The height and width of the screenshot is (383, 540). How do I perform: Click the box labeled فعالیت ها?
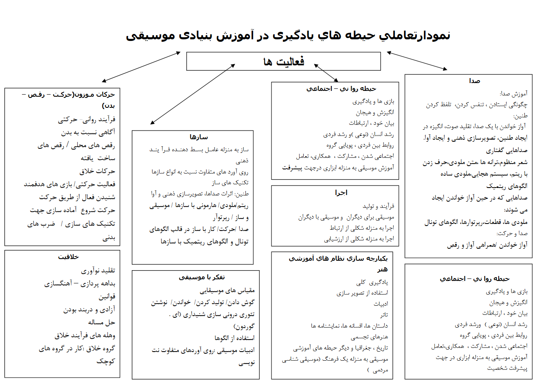(283, 62)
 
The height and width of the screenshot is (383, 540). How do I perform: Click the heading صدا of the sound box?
(474, 81)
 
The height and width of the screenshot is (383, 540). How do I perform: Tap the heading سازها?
(199, 137)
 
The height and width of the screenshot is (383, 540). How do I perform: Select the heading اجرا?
(341, 193)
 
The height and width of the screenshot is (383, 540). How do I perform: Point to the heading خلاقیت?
(69, 257)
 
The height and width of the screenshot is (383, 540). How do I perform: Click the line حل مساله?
(102, 322)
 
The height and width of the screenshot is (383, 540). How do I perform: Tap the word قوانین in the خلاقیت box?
(107, 297)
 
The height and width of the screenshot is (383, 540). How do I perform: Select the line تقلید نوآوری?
(98, 271)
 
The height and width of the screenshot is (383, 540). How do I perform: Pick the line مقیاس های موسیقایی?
(227, 290)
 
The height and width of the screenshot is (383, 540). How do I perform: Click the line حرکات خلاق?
(98, 171)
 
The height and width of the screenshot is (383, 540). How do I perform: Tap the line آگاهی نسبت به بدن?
(88, 132)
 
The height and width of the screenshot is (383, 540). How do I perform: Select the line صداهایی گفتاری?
(507, 150)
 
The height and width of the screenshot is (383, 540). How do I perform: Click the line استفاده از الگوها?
(234, 338)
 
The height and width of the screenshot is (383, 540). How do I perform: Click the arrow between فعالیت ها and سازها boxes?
(193, 94)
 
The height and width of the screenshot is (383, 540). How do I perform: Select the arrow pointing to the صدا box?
(417, 61)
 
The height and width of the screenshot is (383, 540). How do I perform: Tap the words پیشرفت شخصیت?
(507, 368)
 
